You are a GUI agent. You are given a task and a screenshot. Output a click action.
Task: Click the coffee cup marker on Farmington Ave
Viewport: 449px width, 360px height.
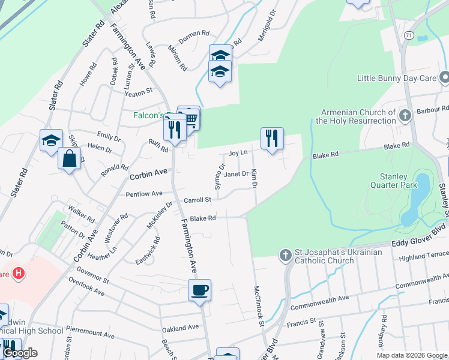click(199, 290)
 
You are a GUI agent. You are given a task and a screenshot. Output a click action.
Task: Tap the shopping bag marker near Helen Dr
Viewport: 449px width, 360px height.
click(70, 159)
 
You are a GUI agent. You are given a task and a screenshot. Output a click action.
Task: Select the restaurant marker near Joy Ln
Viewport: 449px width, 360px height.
click(272, 139)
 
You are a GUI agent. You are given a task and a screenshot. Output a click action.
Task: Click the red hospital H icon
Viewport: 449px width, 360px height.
click(19, 274)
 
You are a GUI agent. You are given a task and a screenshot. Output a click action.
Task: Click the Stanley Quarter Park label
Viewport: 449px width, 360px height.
click(394, 181)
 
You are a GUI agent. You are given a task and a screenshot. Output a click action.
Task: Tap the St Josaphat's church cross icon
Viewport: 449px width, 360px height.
click(286, 256)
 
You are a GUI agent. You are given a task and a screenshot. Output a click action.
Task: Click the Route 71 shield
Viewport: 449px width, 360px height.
click(408, 36)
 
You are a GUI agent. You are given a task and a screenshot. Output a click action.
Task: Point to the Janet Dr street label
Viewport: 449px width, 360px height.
click(236, 174)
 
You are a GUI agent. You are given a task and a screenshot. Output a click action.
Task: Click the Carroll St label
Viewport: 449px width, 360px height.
click(197, 200)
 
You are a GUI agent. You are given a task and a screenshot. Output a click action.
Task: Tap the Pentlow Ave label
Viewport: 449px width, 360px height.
click(144, 194)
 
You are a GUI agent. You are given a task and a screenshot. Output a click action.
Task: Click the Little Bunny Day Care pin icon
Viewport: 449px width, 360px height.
click(444, 78)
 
